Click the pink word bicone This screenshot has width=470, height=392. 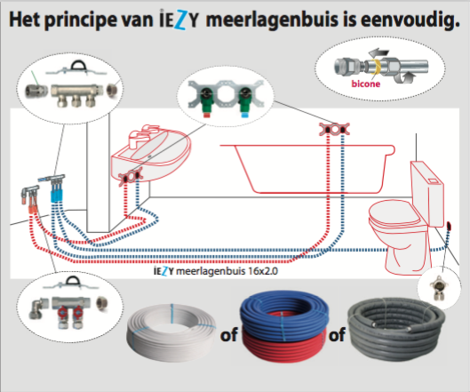tap(366, 84)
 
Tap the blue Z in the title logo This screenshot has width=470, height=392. tap(180, 20)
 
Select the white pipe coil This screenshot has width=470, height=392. tap(171, 328)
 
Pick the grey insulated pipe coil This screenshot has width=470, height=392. tap(396, 328)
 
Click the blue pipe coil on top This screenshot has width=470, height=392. tap(284, 314)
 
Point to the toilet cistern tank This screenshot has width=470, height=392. tap(427, 193)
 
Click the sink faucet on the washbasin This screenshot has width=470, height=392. tap(141, 136)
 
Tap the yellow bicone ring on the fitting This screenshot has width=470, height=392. tap(376, 67)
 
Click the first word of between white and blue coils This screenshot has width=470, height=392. tap(229, 335)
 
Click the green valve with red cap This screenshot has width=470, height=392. tap(206, 100)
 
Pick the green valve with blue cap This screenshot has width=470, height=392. tap(245, 101)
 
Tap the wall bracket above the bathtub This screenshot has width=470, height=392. tap(335, 129)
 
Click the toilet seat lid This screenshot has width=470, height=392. tap(394, 212)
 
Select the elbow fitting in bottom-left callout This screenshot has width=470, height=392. tap(37, 308)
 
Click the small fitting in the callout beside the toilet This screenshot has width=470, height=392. tap(439, 288)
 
